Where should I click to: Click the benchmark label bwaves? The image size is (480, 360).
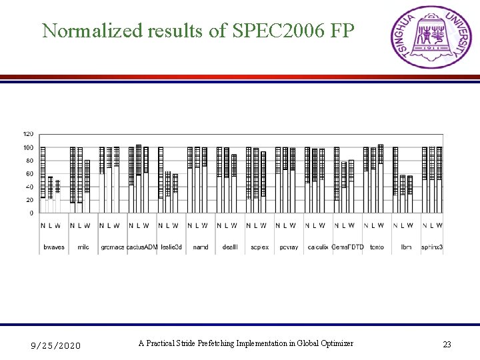point(54,247)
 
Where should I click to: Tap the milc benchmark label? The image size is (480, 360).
point(83,247)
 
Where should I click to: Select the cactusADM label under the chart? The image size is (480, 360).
point(141,247)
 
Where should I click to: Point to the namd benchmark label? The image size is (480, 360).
point(200,247)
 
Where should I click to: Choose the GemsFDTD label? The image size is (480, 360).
point(347,247)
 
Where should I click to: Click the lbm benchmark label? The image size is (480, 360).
point(406,247)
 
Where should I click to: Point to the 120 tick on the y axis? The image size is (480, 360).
point(29,134)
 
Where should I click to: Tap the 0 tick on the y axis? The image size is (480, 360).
point(31,213)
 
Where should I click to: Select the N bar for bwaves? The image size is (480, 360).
point(43,173)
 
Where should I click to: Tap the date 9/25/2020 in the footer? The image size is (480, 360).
point(56,345)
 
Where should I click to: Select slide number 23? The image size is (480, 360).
point(447,345)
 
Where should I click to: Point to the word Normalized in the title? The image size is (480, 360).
point(92,31)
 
